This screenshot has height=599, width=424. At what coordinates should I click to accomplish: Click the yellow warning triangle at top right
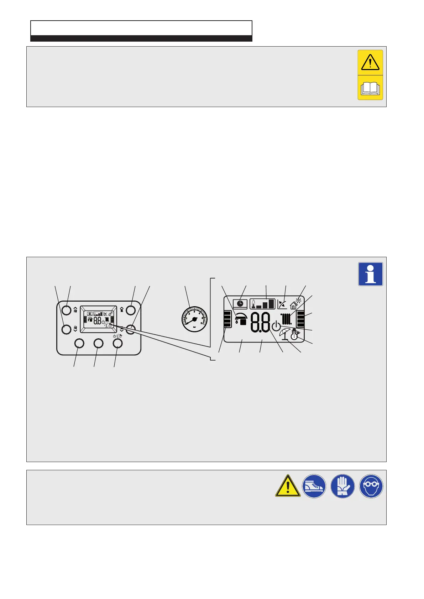(x=370, y=62)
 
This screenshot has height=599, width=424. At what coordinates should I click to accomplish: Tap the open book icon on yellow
(x=370, y=88)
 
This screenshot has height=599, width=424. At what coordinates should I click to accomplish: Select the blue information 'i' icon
(x=371, y=274)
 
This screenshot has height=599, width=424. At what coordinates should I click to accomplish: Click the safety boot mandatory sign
(x=314, y=486)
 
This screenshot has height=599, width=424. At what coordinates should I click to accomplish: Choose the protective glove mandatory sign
(x=342, y=486)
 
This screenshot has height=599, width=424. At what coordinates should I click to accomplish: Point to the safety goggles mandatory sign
(x=371, y=486)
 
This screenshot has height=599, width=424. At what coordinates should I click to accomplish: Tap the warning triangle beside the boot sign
(x=288, y=486)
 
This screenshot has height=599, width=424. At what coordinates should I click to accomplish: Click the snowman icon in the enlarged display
(x=294, y=334)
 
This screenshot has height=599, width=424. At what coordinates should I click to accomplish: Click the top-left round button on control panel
(x=67, y=309)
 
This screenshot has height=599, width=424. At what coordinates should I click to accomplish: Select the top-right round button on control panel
(x=131, y=309)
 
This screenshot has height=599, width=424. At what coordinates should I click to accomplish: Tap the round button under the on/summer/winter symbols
(x=117, y=343)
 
